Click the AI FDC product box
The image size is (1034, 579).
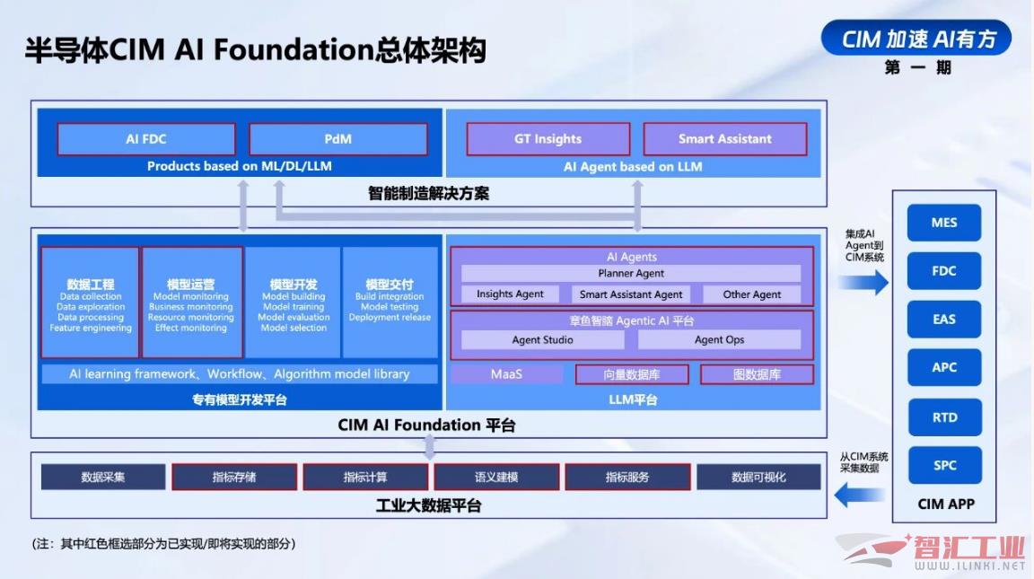pos(146,139)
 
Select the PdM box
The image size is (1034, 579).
pos(338,139)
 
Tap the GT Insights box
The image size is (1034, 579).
pos(548,139)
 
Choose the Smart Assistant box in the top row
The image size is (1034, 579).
pos(724,139)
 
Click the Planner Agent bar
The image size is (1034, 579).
pos(631,273)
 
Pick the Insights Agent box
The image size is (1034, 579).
pos(510,294)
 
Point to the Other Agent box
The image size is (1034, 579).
pos(752,294)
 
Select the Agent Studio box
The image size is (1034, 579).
pos(543,339)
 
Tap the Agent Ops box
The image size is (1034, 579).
pos(720,339)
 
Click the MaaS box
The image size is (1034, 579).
pos(506,374)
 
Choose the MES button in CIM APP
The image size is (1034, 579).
pos(944,223)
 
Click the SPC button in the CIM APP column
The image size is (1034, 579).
pos(944,465)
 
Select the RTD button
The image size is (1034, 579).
pos(944,417)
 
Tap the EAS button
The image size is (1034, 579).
pos(944,320)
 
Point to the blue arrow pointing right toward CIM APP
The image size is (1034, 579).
pos(863,283)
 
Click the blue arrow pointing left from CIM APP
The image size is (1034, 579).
pos(859,495)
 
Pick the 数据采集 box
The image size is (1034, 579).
pos(103,477)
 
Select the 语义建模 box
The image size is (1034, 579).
pos(496,477)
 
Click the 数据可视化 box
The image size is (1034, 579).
pos(758,477)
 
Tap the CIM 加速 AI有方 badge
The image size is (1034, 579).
pos(916,39)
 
